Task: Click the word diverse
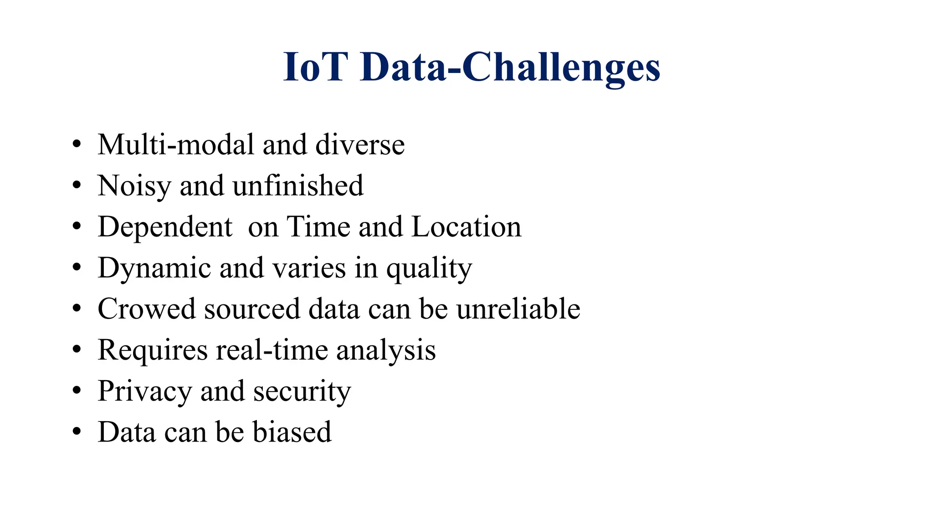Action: point(360,145)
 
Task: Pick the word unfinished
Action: point(298,186)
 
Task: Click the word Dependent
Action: point(165,227)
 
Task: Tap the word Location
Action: point(466,227)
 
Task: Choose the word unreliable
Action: point(518,309)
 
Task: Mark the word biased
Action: point(292,432)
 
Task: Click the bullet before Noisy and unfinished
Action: point(77,185)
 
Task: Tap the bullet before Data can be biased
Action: point(77,432)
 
